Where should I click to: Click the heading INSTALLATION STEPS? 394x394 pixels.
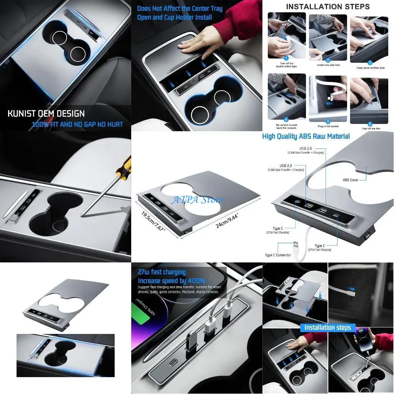328,7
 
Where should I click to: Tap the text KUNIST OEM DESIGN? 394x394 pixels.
46,114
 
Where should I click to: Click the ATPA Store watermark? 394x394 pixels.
197,200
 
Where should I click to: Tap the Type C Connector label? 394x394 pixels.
278,255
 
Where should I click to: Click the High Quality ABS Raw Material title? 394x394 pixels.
306,136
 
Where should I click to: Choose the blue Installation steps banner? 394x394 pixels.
328,327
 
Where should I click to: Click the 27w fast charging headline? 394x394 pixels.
162,272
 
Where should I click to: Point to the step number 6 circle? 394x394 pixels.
370,124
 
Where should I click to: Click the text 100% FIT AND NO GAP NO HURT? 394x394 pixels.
77,124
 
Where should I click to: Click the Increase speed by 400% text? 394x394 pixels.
171,280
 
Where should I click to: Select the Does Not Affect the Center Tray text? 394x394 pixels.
180,8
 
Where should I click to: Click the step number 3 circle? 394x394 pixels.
370,62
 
